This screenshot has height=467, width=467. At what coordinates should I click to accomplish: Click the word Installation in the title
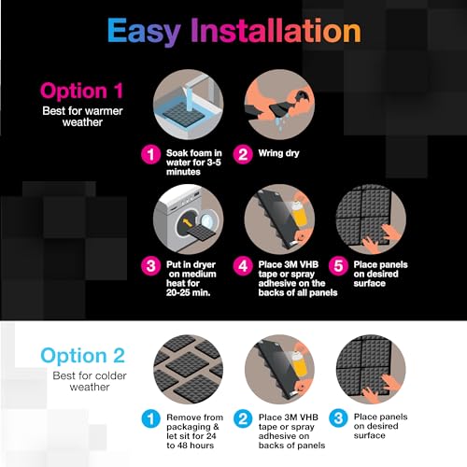click(x=276, y=31)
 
